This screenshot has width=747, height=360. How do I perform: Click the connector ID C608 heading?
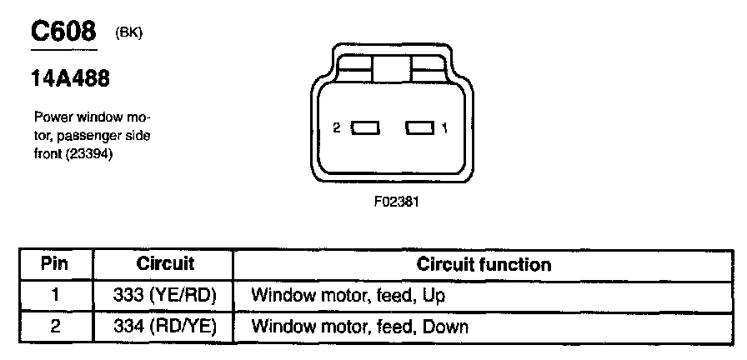pyautogui.click(x=63, y=32)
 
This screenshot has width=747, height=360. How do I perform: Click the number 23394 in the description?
pyautogui.click(x=93, y=154)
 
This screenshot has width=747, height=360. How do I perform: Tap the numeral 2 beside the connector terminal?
pyautogui.click(x=336, y=128)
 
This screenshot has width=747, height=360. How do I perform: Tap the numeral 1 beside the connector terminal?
pyautogui.click(x=445, y=128)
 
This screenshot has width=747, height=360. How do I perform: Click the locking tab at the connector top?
pyautogui.click(x=392, y=68)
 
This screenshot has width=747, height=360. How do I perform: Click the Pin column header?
pyautogui.click(x=55, y=265)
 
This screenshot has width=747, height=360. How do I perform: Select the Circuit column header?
pyautogui.click(x=165, y=265)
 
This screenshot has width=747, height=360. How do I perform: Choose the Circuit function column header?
pyautogui.click(x=484, y=265)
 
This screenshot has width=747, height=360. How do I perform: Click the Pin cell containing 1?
pyautogui.click(x=55, y=295)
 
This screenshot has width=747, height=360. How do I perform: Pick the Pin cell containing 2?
pyautogui.click(x=55, y=326)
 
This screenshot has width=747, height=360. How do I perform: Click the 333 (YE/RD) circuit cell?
pyautogui.click(x=165, y=295)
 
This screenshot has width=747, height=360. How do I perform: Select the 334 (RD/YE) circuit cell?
pyautogui.click(x=165, y=326)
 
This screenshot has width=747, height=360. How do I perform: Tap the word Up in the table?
pyautogui.click(x=434, y=296)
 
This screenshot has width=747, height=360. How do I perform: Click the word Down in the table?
pyautogui.click(x=445, y=327)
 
